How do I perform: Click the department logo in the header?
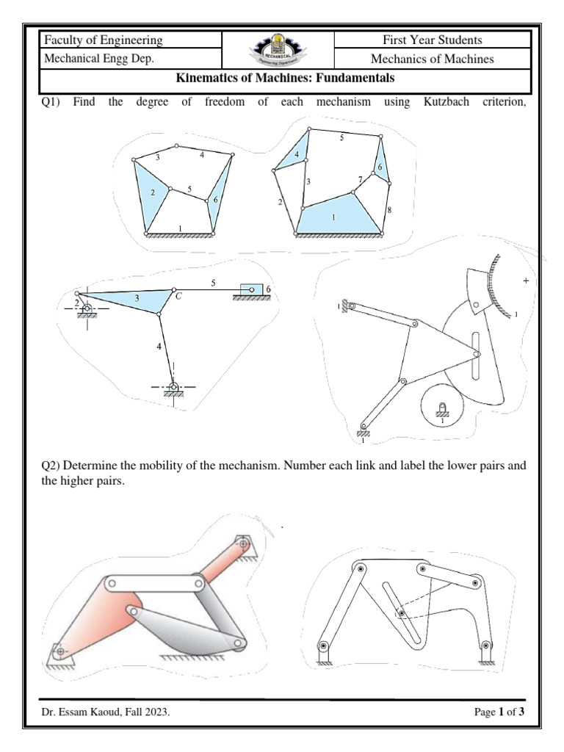coord(278,49)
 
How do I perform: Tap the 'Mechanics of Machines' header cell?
coord(432,59)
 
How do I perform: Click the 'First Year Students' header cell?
coord(432,40)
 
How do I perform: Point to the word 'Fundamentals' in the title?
coord(352,78)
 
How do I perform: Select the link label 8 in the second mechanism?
coord(388,210)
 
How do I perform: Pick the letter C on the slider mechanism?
coord(178,296)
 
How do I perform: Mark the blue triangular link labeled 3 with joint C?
coord(136,298)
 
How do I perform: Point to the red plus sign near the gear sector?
coord(525,281)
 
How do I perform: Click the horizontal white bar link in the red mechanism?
coord(155,584)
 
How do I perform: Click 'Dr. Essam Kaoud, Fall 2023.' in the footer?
coord(106,712)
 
